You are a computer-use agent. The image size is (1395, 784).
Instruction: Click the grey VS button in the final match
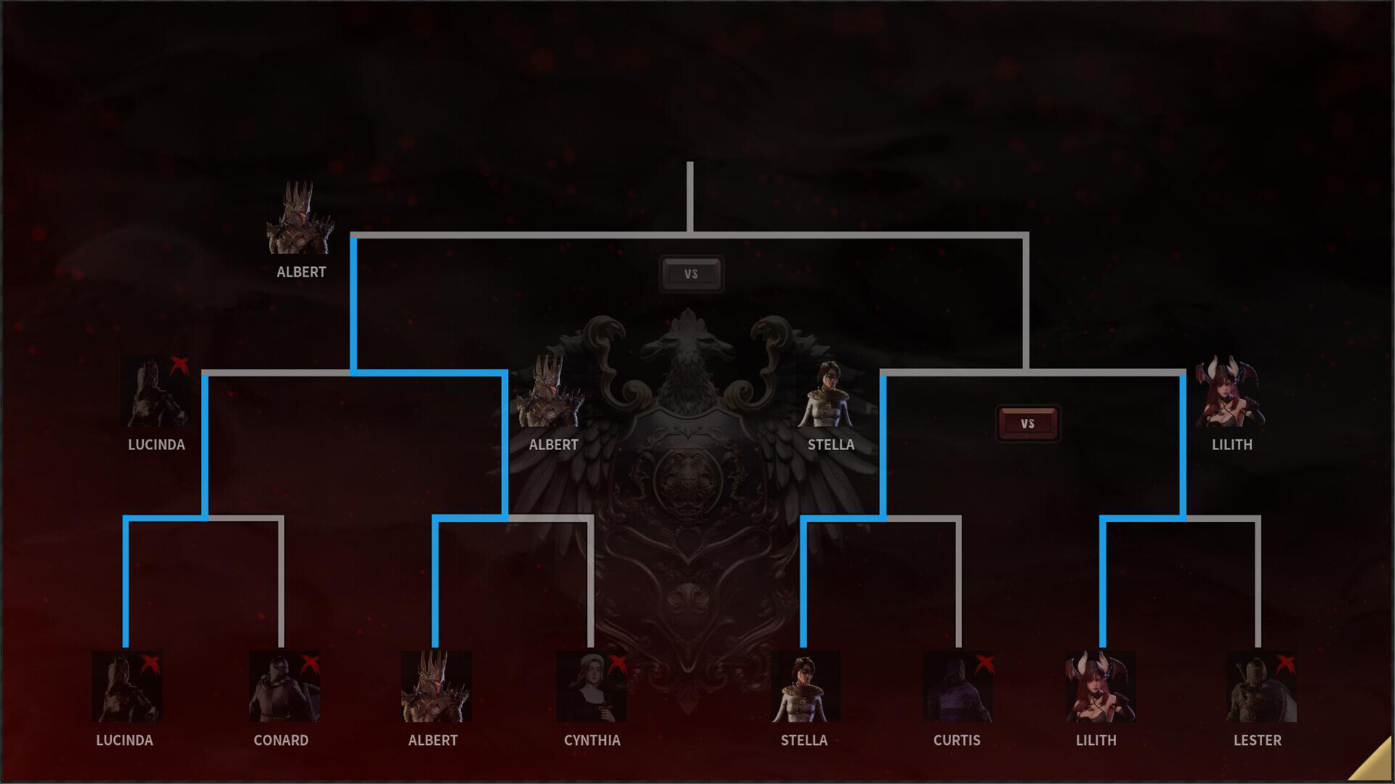click(x=691, y=274)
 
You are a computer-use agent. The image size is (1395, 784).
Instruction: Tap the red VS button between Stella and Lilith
click(x=1027, y=424)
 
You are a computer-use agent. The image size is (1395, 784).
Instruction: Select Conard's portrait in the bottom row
click(x=284, y=687)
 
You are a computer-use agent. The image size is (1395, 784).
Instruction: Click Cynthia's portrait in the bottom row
click(x=591, y=687)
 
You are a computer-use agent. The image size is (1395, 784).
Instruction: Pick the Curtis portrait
click(x=958, y=687)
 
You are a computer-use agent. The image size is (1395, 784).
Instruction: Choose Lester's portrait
click(x=1261, y=687)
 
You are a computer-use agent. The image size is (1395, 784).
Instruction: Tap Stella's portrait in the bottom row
click(x=805, y=687)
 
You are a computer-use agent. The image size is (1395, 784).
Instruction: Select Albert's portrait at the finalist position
click(x=300, y=219)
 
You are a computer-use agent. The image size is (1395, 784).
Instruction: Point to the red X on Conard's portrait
click(x=310, y=663)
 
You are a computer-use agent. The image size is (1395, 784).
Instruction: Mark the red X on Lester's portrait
click(x=1285, y=663)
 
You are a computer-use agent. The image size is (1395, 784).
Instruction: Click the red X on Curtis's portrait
click(x=984, y=663)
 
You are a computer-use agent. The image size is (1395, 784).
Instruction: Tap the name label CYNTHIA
click(x=592, y=740)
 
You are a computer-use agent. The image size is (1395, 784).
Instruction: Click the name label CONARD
click(x=281, y=740)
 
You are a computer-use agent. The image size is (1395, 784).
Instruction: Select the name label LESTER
click(x=1258, y=740)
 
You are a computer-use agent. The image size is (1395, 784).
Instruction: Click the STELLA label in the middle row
click(x=831, y=445)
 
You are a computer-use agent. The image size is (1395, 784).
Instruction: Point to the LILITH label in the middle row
click(x=1232, y=445)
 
